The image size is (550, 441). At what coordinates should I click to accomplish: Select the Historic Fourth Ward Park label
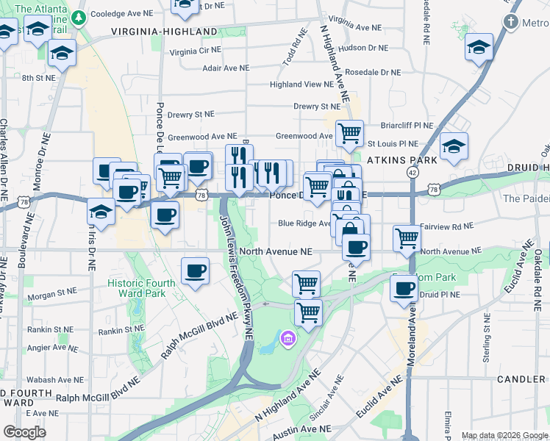[142, 288]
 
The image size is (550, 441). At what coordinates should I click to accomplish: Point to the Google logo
[25, 432]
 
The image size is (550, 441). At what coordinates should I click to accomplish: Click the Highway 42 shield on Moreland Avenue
[412, 171]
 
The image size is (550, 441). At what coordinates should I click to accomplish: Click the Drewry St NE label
[190, 115]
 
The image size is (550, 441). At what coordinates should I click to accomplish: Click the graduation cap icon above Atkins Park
[454, 146]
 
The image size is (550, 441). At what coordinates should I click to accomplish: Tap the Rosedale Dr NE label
[373, 73]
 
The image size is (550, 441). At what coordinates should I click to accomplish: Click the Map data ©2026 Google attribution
[504, 435]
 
